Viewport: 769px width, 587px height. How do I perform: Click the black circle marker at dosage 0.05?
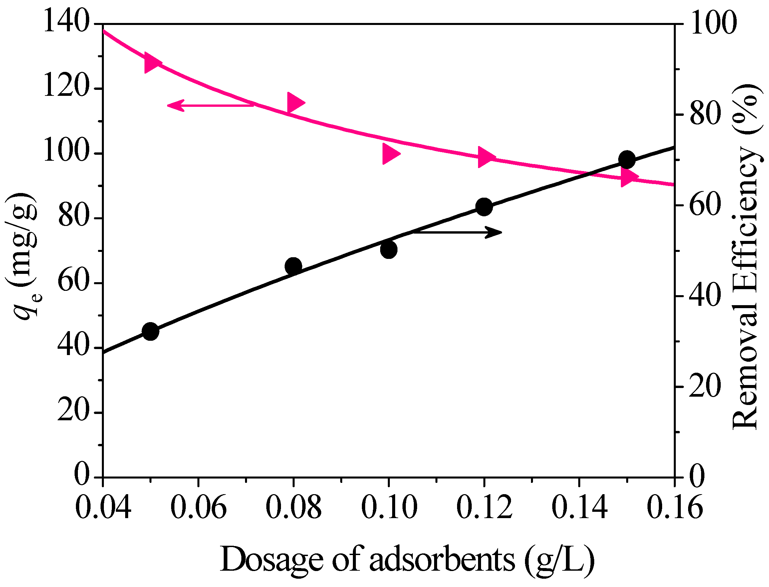click(x=151, y=331)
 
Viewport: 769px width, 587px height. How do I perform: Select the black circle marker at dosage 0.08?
click(x=293, y=266)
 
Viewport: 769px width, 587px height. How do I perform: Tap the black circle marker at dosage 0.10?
click(x=389, y=250)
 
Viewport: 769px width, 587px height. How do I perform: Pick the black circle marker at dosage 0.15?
click(x=627, y=160)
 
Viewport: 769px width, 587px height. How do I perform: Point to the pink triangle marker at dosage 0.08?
click(x=294, y=103)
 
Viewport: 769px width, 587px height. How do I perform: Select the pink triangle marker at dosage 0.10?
click(x=389, y=153)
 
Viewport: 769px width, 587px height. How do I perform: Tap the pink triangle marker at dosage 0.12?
click(x=485, y=157)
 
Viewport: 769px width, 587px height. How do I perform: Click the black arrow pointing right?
click(x=458, y=232)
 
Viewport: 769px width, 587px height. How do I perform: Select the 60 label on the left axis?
click(x=74, y=282)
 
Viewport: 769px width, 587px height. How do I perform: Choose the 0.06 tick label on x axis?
click(x=198, y=508)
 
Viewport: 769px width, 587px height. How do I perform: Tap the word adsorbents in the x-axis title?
click(x=442, y=559)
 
